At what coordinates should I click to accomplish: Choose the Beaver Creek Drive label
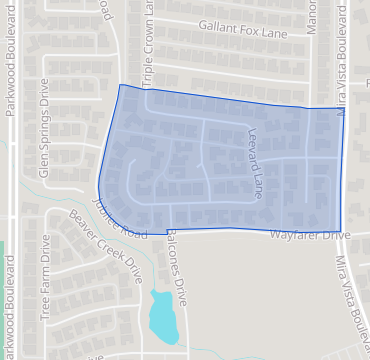(x=109, y=245)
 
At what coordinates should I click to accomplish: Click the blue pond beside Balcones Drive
(x=161, y=315)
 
